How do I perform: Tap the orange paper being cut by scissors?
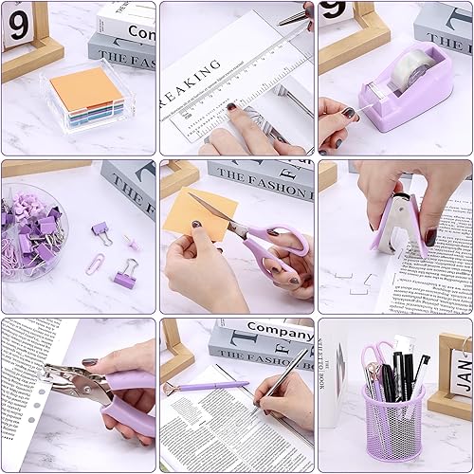199,213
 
